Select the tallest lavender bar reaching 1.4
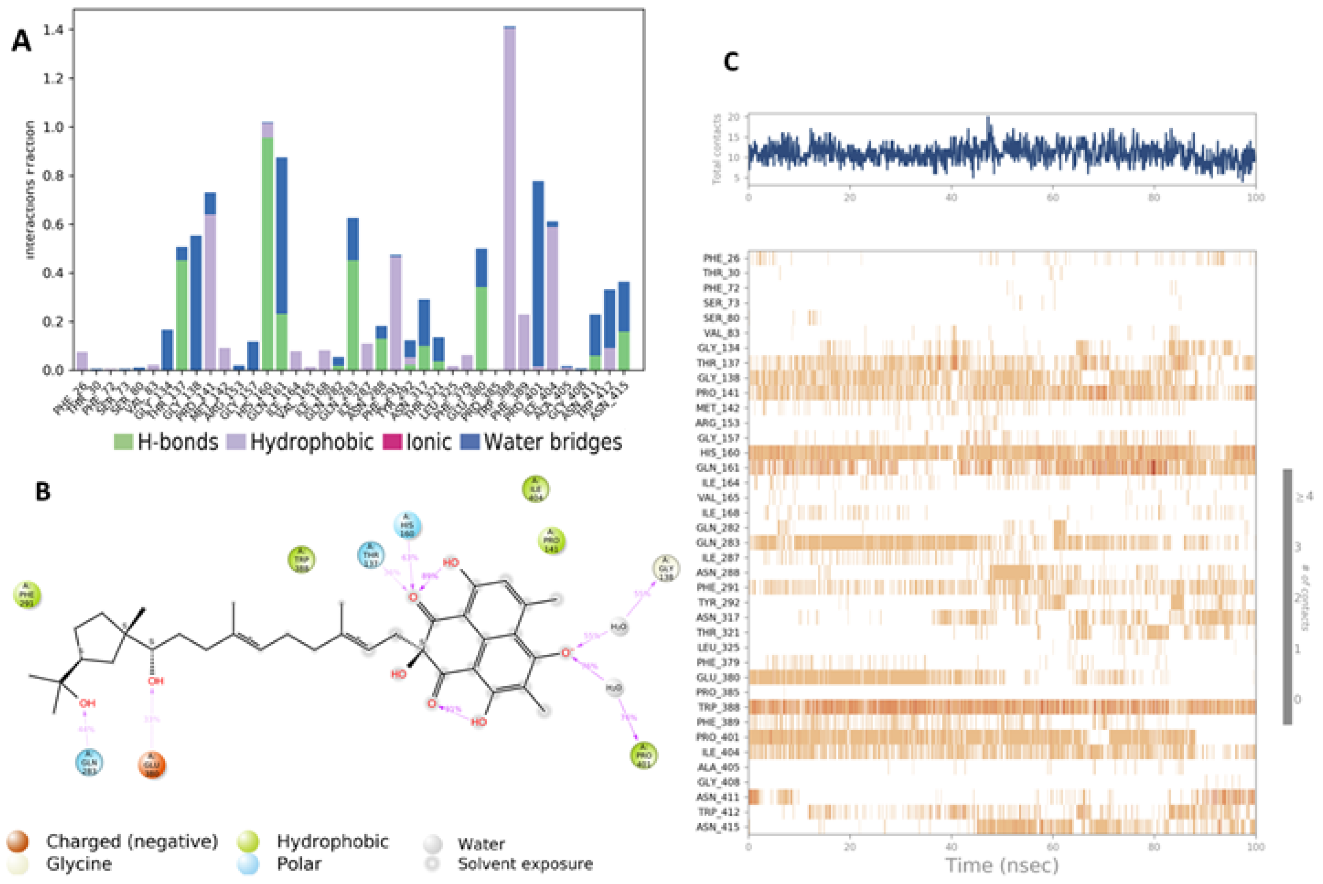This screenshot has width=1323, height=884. point(509,197)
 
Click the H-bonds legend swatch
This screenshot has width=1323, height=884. point(123,442)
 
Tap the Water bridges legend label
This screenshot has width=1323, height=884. point(552,442)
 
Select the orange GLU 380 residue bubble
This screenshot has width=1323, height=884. point(152,765)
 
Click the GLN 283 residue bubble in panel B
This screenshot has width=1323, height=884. point(89,763)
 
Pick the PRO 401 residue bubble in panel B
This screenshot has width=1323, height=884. point(644,755)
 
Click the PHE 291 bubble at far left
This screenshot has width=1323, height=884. point(27,595)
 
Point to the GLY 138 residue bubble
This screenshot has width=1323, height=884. point(666,569)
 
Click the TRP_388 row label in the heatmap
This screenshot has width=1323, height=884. point(721,707)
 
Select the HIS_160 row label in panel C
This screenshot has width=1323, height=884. point(721,453)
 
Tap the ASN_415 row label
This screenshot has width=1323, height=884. point(721,827)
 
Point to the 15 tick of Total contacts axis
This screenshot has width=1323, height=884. point(737,137)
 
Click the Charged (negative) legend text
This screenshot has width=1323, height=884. point(132,841)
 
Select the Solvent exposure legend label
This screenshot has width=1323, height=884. point(525,864)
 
